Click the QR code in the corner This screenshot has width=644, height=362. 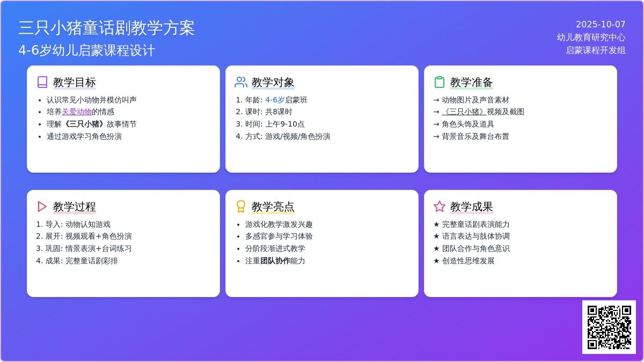[x=609, y=327]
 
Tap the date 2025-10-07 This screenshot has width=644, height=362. [x=601, y=25]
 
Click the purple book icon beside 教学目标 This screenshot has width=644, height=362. [x=42, y=82]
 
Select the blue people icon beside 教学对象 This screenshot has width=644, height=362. [x=241, y=82]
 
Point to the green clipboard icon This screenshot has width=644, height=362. [x=440, y=82]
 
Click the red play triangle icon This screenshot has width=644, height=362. [x=42, y=206]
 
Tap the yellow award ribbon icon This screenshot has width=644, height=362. [x=241, y=206]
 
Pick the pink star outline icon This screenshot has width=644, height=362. [x=440, y=206]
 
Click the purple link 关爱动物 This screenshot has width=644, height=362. [x=76, y=112]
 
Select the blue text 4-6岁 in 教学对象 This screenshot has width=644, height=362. [x=275, y=100]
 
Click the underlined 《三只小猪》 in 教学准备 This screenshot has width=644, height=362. [x=464, y=112]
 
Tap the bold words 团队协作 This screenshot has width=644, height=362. [x=275, y=261]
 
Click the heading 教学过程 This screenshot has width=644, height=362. [x=75, y=206]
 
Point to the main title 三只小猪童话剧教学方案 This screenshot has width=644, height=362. [x=107, y=28]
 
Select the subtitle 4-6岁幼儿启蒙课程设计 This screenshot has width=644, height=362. [x=87, y=50]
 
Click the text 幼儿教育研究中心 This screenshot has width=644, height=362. [x=591, y=38]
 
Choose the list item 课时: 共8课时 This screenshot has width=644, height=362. [x=268, y=112]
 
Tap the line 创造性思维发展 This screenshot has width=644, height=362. [x=468, y=261]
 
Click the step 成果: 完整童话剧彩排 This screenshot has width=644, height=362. [x=82, y=261]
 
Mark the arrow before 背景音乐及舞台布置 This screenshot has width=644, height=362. [x=436, y=136]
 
